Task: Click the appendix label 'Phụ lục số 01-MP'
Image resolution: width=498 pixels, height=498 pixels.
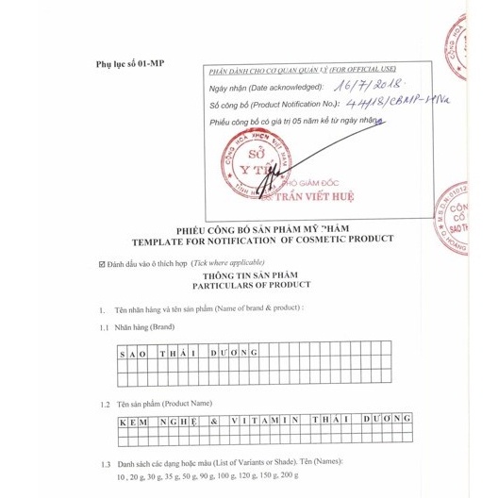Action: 130,63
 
